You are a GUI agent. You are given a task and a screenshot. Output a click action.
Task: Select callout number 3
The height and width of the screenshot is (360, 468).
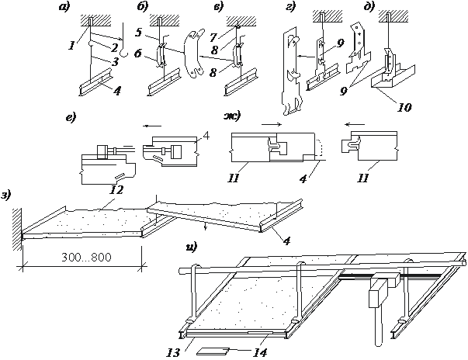click(114, 61)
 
